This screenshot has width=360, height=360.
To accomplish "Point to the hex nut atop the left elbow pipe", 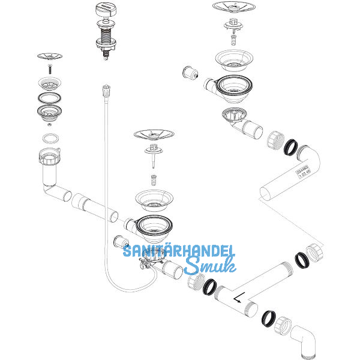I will pos(48,160).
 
